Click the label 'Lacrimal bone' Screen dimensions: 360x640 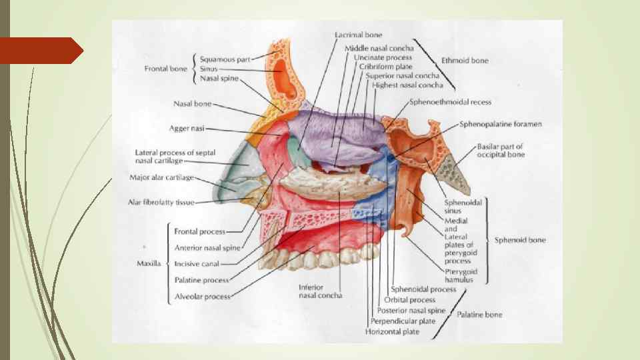pyautogui.click(x=358, y=35)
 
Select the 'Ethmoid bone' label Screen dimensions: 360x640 pyautogui.click(x=465, y=61)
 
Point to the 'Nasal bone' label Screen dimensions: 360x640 pyautogui.click(x=192, y=104)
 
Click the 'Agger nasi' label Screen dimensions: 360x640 pyautogui.click(x=186, y=128)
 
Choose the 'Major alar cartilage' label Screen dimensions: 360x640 pyautogui.click(x=161, y=178)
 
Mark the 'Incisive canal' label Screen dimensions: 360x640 pyautogui.click(x=196, y=264)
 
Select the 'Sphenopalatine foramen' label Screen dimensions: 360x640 pyautogui.click(x=500, y=124)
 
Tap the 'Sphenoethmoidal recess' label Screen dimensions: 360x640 pyautogui.click(x=450, y=103)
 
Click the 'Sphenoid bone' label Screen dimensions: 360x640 pyautogui.click(x=520, y=240)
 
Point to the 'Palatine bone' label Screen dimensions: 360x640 pyautogui.click(x=479, y=314)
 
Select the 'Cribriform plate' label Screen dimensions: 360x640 pyautogui.click(x=385, y=67)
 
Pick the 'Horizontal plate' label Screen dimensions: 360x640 pyautogui.click(x=392, y=331)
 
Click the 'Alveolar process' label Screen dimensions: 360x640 pyautogui.click(x=203, y=297)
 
